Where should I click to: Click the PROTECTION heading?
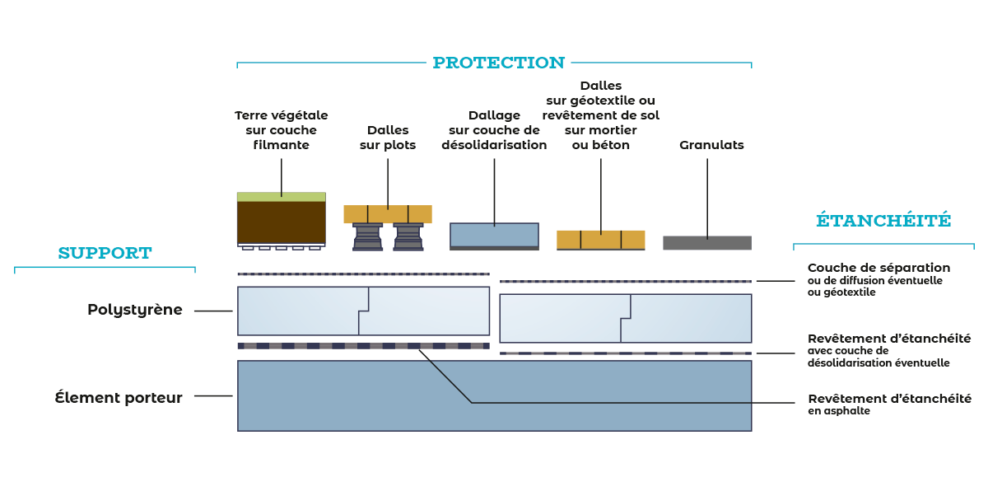tap(498, 63)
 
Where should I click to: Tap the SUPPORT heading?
tap(105, 254)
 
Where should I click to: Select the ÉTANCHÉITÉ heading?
tap(883, 221)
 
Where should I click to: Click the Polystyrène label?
tap(135, 311)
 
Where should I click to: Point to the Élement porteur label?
tap(119, 397)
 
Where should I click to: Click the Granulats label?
tap(711, 145)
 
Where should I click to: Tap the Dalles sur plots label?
tap(388, 138)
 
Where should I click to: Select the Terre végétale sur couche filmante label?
tap(281, 130)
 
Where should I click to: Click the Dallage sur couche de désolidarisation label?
tap(494, 130)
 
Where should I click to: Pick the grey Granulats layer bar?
tap(707, 243)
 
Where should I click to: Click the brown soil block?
tap(281, 222)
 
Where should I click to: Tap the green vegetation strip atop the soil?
tap(281, 197)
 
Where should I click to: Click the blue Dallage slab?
tap(494, 234)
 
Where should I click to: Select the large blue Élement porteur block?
tap(494, 395)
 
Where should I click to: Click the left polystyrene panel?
tap(362, 311)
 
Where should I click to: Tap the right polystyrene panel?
tap(626, 318)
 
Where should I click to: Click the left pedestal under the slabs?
tap(367, 236)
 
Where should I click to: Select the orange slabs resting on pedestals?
tap(388, 214)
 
